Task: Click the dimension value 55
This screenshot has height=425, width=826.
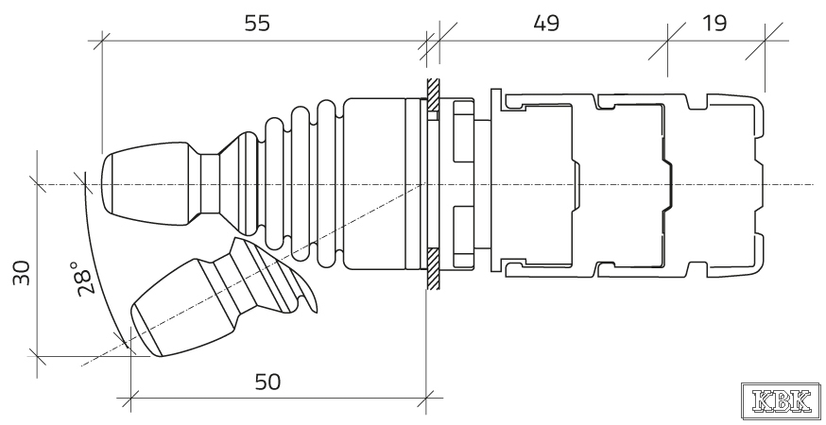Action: pos(257,24)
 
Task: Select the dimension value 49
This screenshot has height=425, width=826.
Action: pos(546,24)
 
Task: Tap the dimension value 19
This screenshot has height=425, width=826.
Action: pos(714,24)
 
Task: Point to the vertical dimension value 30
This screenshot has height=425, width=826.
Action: pos(22,272)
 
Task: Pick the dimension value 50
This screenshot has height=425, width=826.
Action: pos(267,382)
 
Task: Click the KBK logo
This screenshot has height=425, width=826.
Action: pos(782,401)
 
